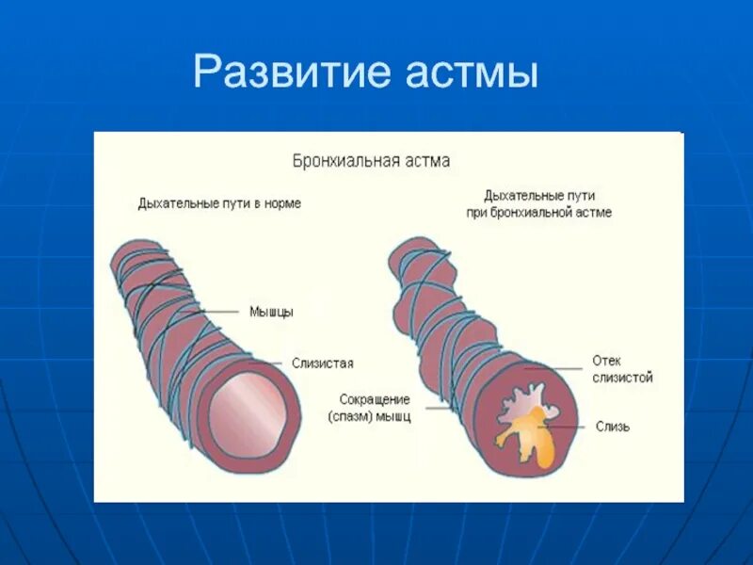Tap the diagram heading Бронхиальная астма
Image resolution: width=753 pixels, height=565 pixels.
[x=370, y=160]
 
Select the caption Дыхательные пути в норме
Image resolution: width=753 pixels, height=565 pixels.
[x=219, y=203]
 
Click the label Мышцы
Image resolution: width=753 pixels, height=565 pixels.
[x=271, y=312]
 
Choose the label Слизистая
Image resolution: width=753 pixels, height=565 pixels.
[x=322, y=363]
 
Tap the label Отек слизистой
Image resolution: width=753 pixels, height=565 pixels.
[x=622, y=368]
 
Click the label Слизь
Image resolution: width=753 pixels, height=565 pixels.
[x=613, y=427]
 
